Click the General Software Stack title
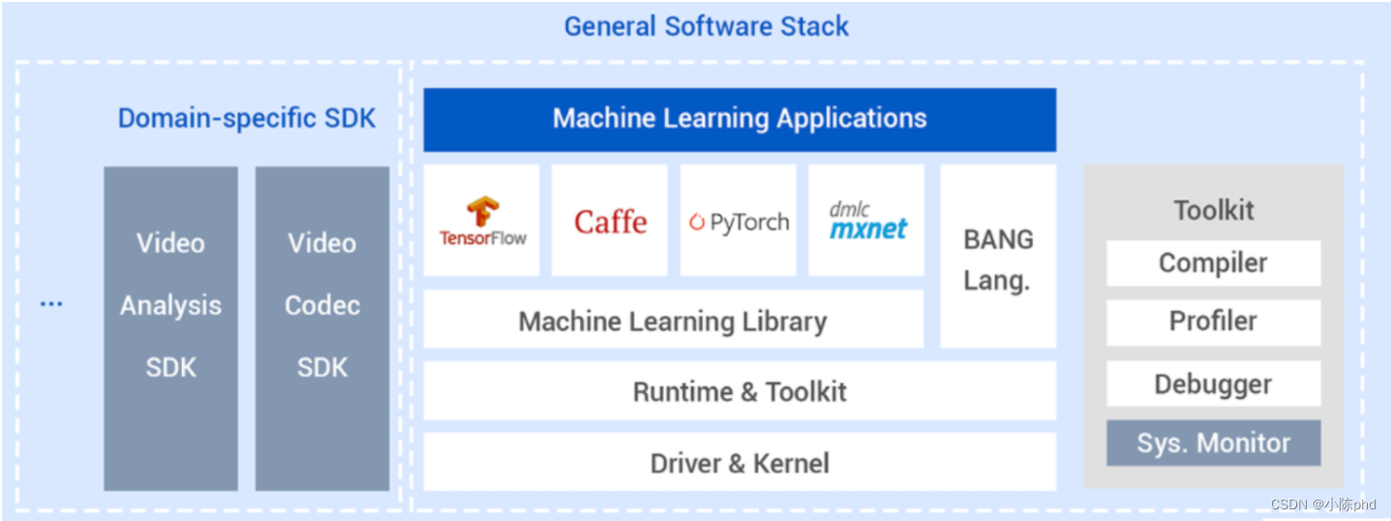click(x=706, y=26)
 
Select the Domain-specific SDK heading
click(x=246, y=118)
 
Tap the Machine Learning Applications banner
click(x=740, y=119)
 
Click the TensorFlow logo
click(x=482, y=221)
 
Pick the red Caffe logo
click(x=610, y=222)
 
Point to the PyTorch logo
click(x=739, y=222)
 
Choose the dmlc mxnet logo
click(x=867, y=221)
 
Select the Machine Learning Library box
click(x=673, y=321)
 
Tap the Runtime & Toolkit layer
click(x=740, y=391)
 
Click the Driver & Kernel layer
click(x=740, y=463)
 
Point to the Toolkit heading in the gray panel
click(x=1213, y=210)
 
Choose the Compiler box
click(x=1213, y=263)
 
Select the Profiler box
click(x=1213, y=322)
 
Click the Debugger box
click(x=1213, y=384)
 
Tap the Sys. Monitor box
click(x=1213, y=444)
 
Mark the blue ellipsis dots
click(x=50, y=305)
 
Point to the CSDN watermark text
click(x=1323, y=505)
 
